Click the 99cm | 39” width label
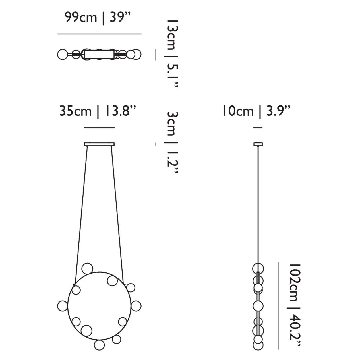[x=97, y=18]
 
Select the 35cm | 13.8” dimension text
[x=97, y=111]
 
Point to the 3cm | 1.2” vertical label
[x=171, y=142]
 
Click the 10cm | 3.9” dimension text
[x=257, y=111]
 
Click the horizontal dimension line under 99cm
[x=100, y=34]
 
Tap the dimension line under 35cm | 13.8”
[x=100, y=128]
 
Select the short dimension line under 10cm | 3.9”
[x=258, y=128]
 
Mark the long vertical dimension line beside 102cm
[x=278, y=303]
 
